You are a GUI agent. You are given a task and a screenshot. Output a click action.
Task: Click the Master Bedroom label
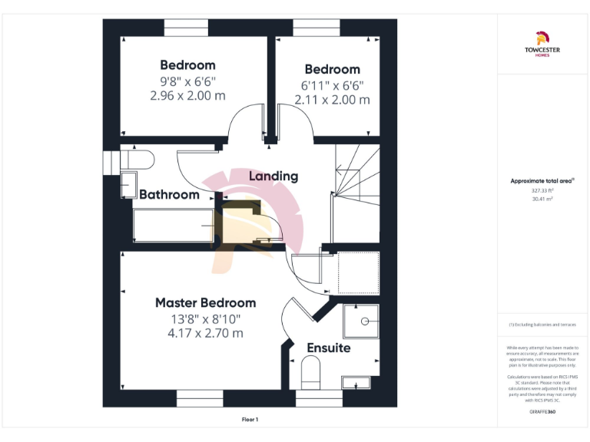(205, 302)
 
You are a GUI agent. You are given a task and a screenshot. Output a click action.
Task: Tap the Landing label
(273, 176)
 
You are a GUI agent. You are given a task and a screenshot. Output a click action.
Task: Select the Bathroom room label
(169, 194)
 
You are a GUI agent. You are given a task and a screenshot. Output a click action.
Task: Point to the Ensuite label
(328, 348)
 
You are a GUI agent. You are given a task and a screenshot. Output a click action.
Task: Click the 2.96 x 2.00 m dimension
(187, 96)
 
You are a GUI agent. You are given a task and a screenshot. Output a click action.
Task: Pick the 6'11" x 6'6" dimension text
(332, 84)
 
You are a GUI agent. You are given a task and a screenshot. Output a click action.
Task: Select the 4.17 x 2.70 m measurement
(205, 333)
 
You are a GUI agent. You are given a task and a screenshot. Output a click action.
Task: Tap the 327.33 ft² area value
(542, 190)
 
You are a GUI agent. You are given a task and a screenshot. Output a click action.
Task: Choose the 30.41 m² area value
(542, 198)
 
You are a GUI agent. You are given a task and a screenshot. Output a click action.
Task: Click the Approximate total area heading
(542, 181)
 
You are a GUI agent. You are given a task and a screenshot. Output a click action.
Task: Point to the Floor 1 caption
(250, 420)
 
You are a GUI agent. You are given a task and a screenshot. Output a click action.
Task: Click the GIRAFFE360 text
(542, 413)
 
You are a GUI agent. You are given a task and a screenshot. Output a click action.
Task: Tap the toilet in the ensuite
(311, 374)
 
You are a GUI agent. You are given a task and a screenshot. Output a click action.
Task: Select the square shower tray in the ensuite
(360, 320)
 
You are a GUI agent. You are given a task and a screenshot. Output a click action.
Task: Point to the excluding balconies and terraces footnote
(542, 325)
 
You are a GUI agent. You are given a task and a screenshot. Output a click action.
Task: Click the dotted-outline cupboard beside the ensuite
(359, 272)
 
